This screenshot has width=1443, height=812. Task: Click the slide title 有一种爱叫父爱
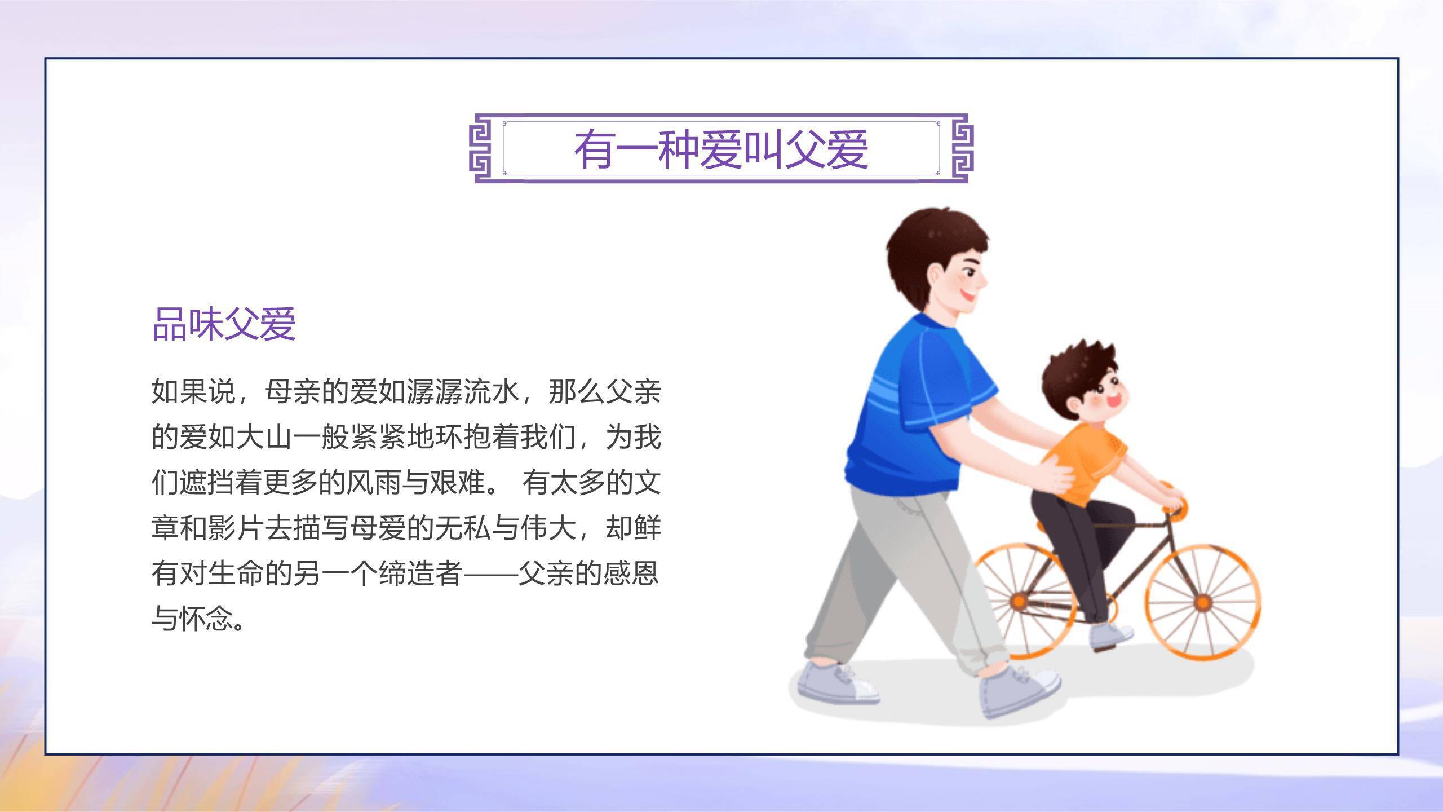point(721,149)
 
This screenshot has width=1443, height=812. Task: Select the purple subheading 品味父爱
point(224,324)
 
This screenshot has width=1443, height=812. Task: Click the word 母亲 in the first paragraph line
point(293,391)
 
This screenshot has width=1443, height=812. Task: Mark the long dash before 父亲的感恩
point(490,573)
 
